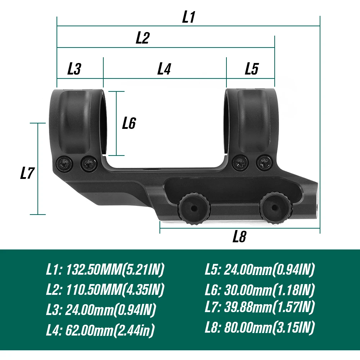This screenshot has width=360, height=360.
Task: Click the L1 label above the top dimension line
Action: pyautogui.click(x=189, y=17)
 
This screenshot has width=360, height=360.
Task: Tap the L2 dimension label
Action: pyautogui.click(x=143, y=38)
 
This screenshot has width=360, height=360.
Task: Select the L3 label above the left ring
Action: pyautogui.click(x=74, y=69)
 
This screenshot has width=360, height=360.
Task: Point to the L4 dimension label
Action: pyautogui.click(x=164, y=69)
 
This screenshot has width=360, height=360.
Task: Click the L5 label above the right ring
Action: pyautogui.click(x=252, y=69)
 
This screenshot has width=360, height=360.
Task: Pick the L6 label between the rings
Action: pyautogui.click(x=129, y=123)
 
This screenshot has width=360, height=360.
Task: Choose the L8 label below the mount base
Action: pyautogui.click(x=239, y=237)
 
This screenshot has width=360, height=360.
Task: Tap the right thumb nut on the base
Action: pyautogui.click(x=276, y=208)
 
